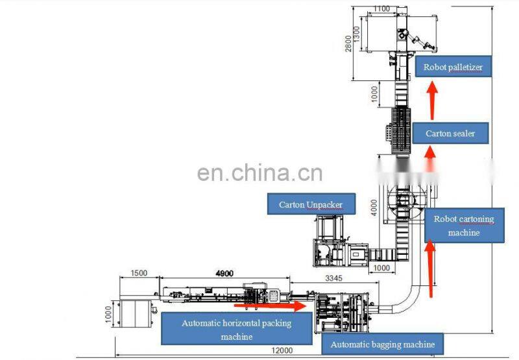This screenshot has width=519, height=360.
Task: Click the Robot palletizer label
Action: coord(453,67)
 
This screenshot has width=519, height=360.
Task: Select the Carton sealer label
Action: coord(450,133)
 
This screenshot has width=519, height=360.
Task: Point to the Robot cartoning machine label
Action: coord(464,225)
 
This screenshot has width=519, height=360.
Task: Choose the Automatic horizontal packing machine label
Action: coord(236,330)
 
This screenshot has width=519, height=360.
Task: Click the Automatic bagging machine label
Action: coord(382,344)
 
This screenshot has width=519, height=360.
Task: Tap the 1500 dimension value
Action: coord(139,273)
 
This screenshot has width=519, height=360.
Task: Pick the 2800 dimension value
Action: coord(348,43)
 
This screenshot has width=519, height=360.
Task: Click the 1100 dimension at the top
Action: coord(382,9)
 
